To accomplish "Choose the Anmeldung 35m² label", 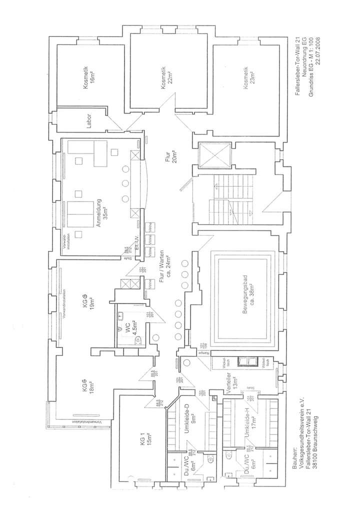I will (102, 214).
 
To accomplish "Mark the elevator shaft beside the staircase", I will (214, 155).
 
